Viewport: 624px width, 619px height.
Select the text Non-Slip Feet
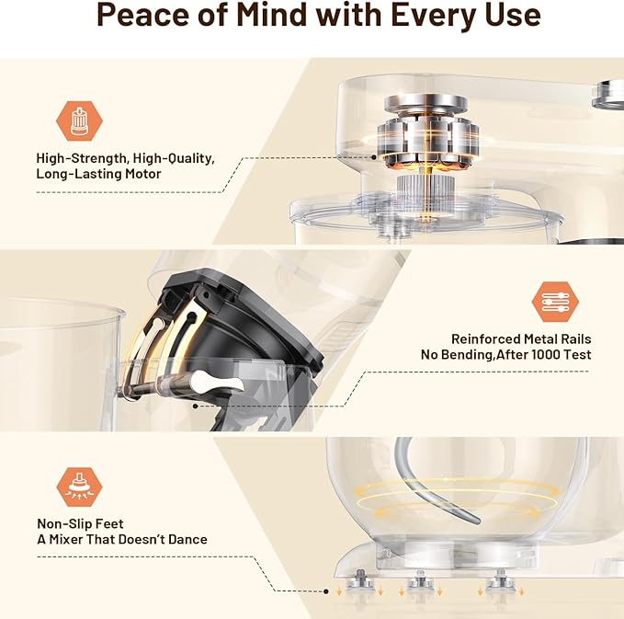pyautogui.click(x=74, y=523)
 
